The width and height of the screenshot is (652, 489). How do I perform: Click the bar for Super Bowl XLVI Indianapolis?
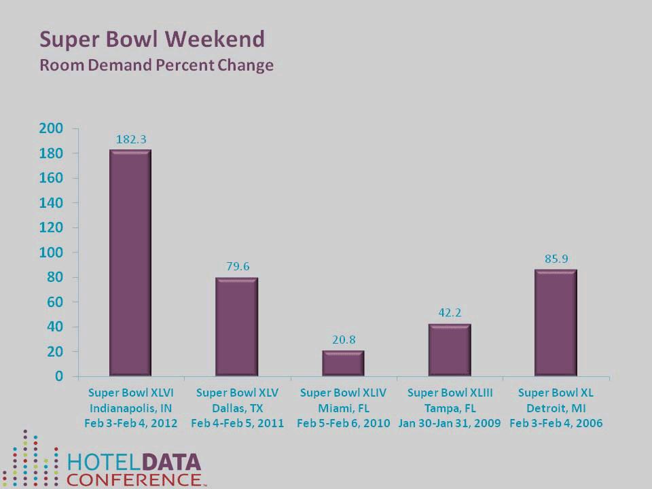[x=130, y=263]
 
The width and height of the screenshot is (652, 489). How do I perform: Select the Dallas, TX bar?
[x=236, y=327]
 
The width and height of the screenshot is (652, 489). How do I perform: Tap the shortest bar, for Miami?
[x=343, y=363]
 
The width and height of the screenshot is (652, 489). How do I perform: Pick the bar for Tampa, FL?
[x=449, y=350]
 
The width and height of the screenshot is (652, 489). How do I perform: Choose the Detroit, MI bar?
[x=555, y=323]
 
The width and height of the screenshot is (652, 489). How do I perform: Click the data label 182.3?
[x=130, y=139]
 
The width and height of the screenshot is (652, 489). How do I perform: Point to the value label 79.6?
[x=237, y=266]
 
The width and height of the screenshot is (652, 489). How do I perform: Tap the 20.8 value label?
[x=343, y=339]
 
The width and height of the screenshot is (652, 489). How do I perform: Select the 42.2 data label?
[x=449, y=313]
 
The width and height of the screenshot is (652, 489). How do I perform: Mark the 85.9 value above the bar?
[x=556, y=259]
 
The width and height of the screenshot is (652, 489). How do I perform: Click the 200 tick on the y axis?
[x=54, y=128]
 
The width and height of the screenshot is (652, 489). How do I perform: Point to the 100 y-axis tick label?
[x=54, y=253]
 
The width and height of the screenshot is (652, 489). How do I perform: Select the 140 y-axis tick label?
[x=54, y=203]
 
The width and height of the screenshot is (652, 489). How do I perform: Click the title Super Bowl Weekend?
[x=151, y=39]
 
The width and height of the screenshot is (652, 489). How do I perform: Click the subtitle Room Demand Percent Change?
[x=156, y=66]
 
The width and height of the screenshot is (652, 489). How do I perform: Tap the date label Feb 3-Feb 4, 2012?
[x=131, y=423]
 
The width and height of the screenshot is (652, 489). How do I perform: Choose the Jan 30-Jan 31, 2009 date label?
[x=449, y=423]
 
